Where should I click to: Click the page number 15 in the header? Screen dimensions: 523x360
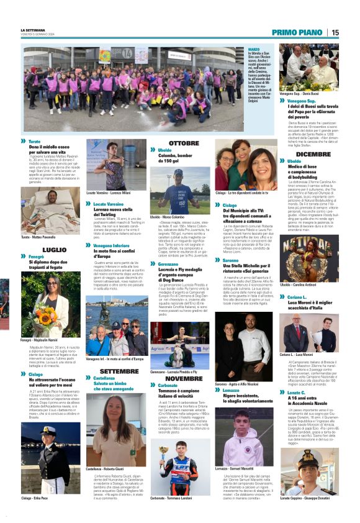[x=335, y=32]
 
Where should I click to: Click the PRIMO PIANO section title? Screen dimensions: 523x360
[x=297, y=32]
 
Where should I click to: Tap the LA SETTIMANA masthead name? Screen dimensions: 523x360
[x=35, y=30]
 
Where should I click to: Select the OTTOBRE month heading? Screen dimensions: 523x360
[x=184, y=143]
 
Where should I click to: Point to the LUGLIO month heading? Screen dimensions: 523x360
[x=55, y=249]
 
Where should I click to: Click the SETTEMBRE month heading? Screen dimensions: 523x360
[x=120, y=371]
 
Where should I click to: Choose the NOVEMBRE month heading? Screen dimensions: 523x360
[x=184, y=378]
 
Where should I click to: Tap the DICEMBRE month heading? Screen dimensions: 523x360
[x=313, y=153]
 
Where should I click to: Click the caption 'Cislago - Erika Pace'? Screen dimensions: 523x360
[x=36, y=498]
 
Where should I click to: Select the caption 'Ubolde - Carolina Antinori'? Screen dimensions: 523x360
[x=302, y=284]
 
